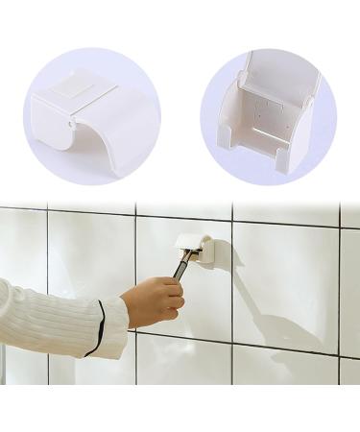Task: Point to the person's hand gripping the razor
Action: pyautogui.click(x=154, y=300)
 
